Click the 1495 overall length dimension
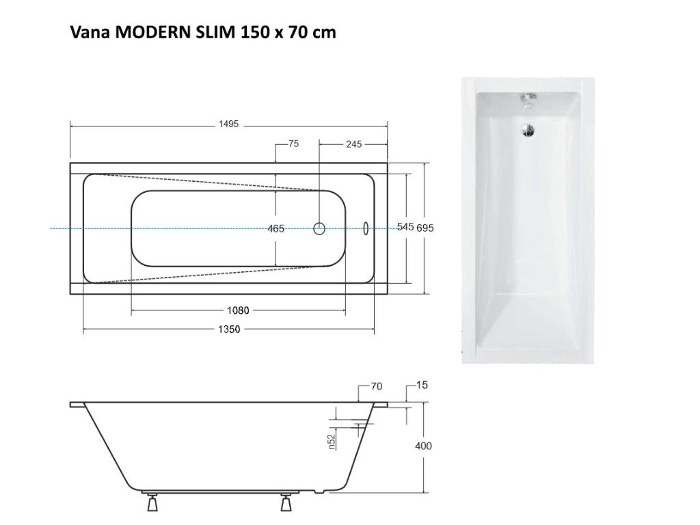(x=228, y=124)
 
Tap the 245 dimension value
(x=353, y=144)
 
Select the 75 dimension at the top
(x=293, y=144)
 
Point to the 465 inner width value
(x=276, y=228)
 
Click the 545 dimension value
(x=405, y=227)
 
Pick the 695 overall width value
(x=425, y=228)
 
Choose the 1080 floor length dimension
(x=238, y=310)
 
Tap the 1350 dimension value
(x=229, y=329)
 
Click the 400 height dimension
(x=423, y=446)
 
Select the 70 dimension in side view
(x=377, y=387)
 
